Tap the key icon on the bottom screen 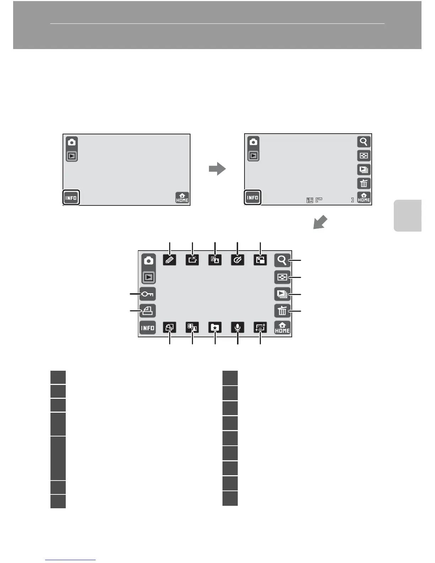click(148, 294)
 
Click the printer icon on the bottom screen click(148, 311)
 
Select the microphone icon click(237, 327)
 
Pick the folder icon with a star click(215, 327)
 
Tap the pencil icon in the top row click(170, 260)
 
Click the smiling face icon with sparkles click(260, 327)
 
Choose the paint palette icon click(237, 260)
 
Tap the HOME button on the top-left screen click(182, 198)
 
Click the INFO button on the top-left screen click(71, 198)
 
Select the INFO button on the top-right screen click(252, 198)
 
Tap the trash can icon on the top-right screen click(364, 183)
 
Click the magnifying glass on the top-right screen click(364, 142)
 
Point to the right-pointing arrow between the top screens click(217, 169)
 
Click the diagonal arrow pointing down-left click(320, 223)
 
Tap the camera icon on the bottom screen click(149, 261)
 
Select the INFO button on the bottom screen click(148, 328)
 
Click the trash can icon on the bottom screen click(282, 311)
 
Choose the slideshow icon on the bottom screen click(282, 294)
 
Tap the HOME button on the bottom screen click(282, 328)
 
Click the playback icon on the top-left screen click(72, 156)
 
